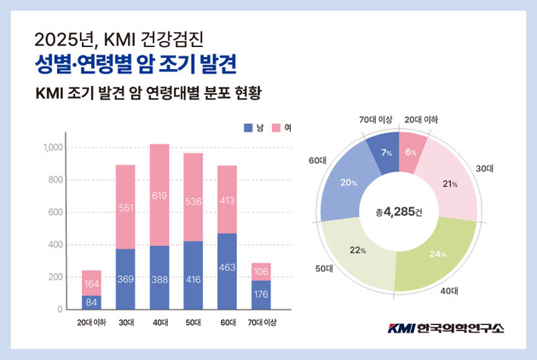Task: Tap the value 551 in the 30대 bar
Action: (x=125, y=207)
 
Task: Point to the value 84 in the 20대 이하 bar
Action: (x=91, y=300)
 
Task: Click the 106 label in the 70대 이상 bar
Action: (x=261, y=272)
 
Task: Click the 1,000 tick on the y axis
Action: (x=53, y=148)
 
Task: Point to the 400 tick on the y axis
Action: (x=56, y=245)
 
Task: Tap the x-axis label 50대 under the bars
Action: (x=193, y=322)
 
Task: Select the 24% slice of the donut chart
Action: (x=439, y=253)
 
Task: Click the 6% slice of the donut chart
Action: (x=412, y=151)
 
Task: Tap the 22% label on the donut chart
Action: (x=358, y=250)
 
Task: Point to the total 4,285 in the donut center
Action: (x=400, y=212)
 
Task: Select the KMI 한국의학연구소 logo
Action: (x=446, y=328)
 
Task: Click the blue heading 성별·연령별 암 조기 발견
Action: (x=136, y=64)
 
